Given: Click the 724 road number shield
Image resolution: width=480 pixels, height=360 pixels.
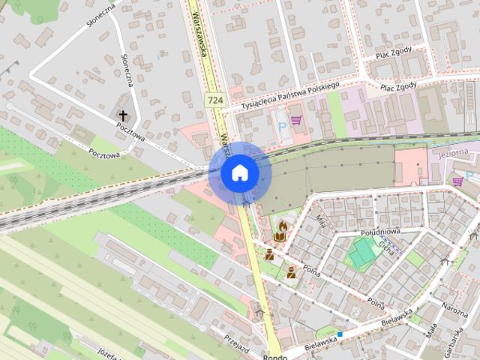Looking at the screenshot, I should (x=215, y=100).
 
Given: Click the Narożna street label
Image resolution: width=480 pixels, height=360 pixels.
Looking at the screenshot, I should (x=454, y=308).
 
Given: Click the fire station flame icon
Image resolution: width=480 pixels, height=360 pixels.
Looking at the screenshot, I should (x=283, y=225).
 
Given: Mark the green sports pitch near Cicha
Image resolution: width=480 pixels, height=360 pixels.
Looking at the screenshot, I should (x=363, y=252).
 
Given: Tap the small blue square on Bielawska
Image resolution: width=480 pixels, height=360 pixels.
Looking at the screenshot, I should (x=340, y=334).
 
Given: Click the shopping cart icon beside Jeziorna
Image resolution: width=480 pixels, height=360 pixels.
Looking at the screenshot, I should (x=457, y=181).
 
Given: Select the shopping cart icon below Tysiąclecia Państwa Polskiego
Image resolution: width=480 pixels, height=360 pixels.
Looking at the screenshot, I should (x=296, y=119).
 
